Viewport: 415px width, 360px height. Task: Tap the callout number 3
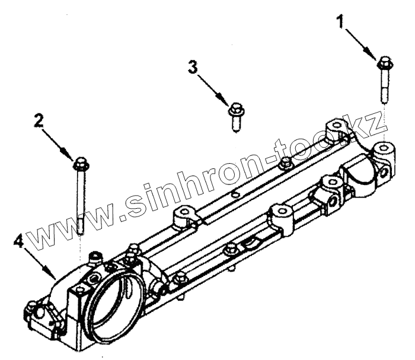point(192,66)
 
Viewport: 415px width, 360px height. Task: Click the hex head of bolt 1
point(384,61)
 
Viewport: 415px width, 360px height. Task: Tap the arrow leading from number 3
point(211,88)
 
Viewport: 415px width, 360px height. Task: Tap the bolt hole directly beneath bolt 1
point(383,146)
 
